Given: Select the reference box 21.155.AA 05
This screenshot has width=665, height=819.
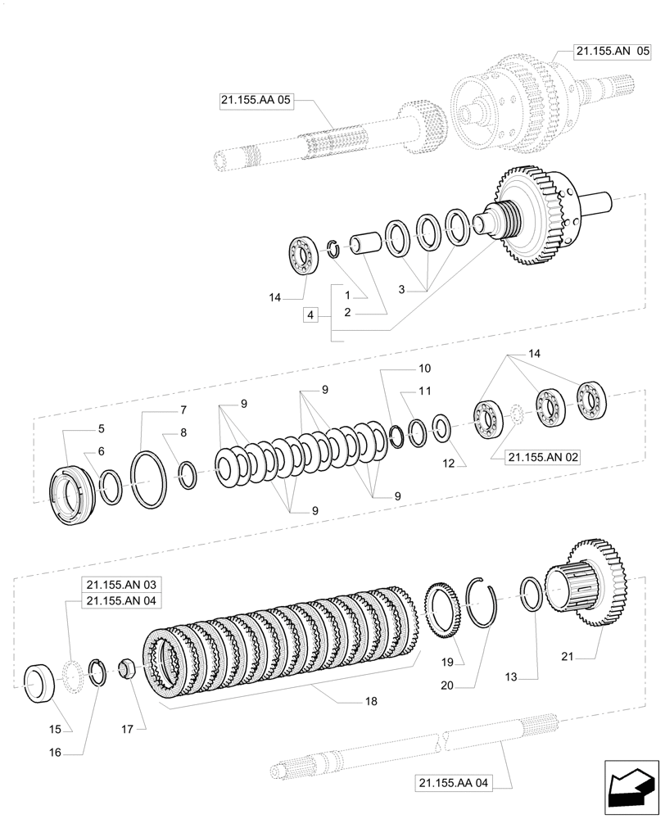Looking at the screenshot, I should coord(256,101).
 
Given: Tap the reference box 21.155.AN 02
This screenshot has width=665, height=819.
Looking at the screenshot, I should coord(542,458).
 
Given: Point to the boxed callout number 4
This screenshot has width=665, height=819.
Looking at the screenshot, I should coord(310,314).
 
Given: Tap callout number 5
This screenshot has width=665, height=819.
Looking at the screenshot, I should coord(102,428).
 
